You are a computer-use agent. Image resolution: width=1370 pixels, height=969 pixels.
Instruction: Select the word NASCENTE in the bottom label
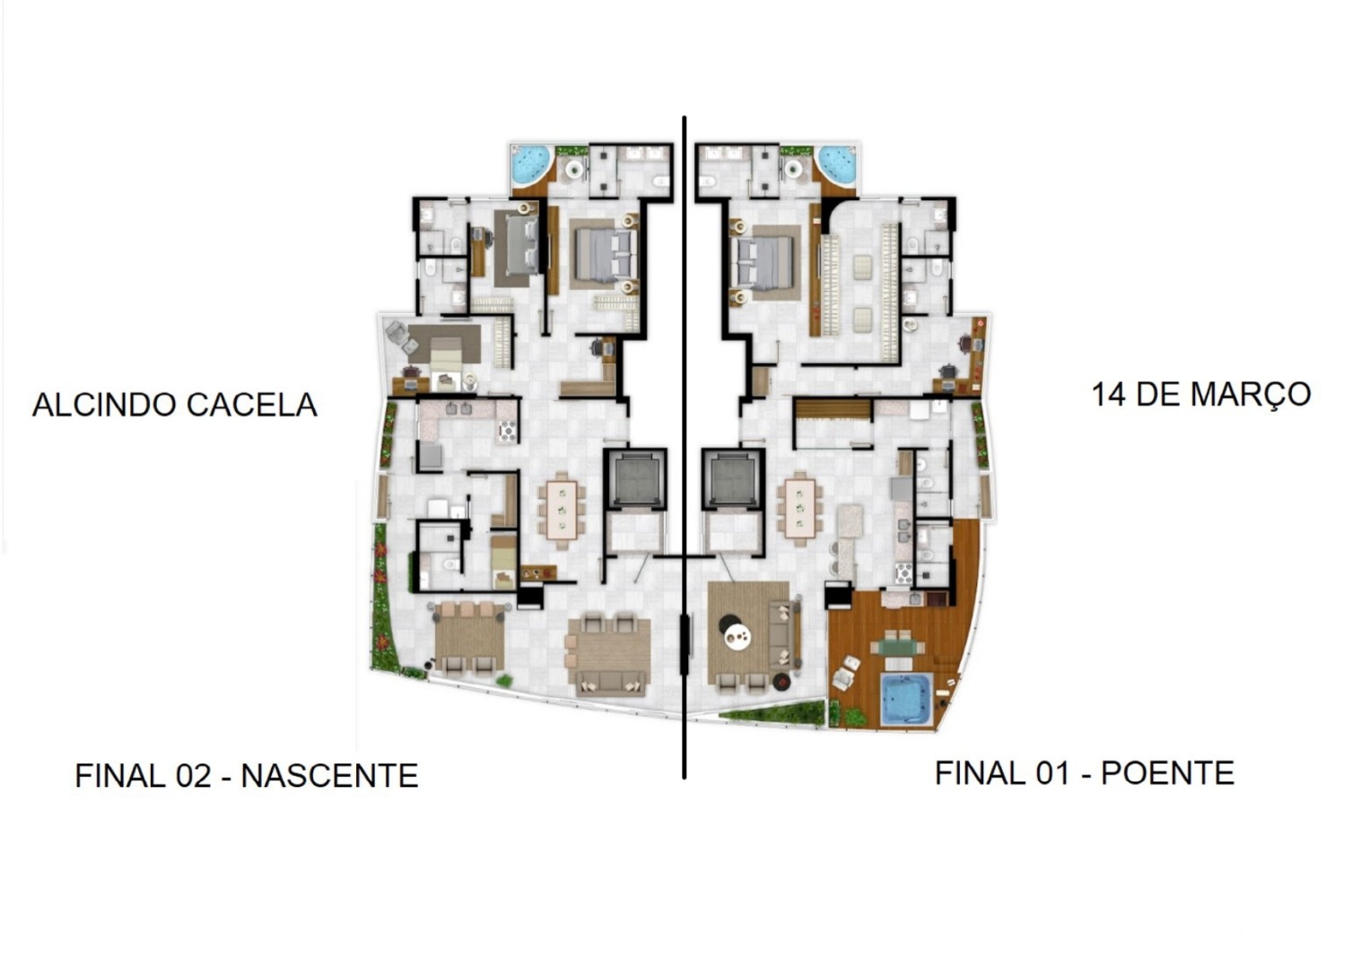329,775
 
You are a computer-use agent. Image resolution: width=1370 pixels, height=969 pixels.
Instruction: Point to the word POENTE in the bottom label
1167,773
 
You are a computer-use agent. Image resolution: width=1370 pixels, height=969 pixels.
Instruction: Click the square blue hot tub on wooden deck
905,699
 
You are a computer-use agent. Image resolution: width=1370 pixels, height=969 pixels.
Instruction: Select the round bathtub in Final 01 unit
837,164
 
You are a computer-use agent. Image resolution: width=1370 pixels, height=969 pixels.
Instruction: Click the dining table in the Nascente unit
562,510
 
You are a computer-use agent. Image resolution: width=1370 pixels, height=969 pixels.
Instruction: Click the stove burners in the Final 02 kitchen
508,432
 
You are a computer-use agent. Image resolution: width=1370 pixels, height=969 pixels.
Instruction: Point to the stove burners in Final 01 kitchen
903,573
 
